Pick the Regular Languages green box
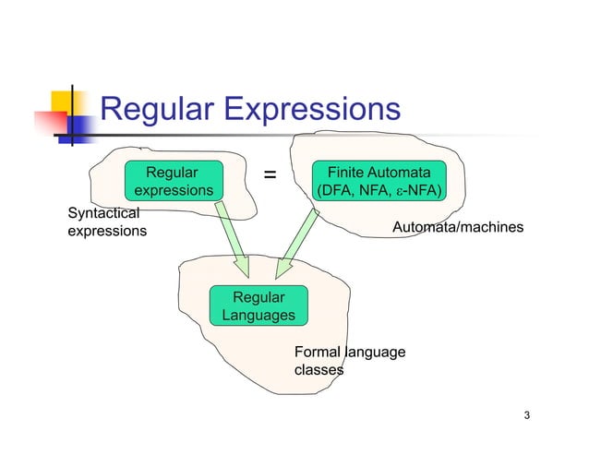258,306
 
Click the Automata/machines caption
458,227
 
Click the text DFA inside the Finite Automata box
334,191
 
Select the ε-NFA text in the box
416,191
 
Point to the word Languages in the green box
258,316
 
